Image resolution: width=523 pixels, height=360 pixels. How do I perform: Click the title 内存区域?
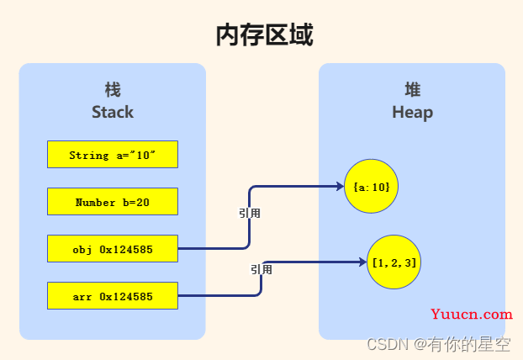point(265,35)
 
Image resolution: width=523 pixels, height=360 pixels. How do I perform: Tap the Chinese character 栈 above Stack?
point(113,90)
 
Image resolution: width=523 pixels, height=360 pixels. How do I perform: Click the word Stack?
point(113,112)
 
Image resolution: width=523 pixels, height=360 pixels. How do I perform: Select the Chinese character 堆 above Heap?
point(413,90)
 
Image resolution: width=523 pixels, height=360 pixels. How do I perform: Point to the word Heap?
point(413,113)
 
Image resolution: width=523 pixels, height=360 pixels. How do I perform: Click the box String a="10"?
point(113,155)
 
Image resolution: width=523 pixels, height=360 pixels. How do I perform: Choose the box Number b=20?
point(113,202)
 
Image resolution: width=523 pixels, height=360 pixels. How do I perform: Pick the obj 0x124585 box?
point(113,249)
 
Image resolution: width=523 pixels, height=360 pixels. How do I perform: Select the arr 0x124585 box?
point(113,295)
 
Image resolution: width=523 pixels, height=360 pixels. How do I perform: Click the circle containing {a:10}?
point(372,186)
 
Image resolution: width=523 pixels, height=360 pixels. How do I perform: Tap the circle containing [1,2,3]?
point(394,262)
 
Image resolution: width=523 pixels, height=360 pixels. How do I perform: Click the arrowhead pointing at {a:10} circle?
point(341,186)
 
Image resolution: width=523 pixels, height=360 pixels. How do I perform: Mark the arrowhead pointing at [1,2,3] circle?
point(363,262)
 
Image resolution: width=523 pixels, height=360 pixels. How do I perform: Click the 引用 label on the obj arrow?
point(250,213)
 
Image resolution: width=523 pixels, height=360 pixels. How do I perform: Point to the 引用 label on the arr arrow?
point(261,269)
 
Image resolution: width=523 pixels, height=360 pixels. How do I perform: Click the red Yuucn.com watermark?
point(472,315)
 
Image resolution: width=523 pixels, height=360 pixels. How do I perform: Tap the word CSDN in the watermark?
point(388,344)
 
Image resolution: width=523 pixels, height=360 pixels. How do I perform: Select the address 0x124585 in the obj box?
point(126,249)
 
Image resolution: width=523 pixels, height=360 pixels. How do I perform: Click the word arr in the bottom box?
point(82,297)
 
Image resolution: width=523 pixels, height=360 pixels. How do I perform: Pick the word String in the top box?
point(89,155)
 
